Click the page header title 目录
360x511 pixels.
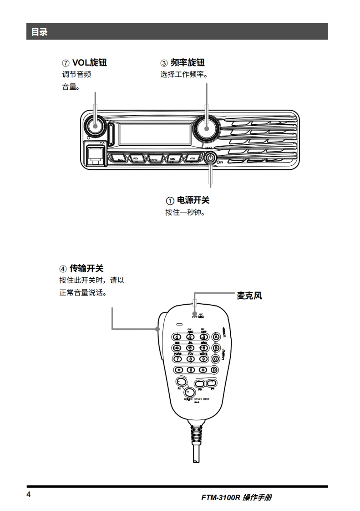(x=39, y=32)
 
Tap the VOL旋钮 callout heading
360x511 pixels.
(x=84, y=62)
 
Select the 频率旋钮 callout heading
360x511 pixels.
(x=183, y=62)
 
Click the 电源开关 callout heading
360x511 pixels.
(x=188, y=200)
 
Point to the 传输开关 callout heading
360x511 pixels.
(x=81, y=269)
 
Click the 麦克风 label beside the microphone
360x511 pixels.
(x=249, y=296)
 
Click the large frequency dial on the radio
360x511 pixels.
(x=206, y=127)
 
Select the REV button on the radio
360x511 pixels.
(x=136, y=159)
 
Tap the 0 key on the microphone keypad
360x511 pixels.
(x=191, y=370)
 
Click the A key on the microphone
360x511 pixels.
(x=216, y=337)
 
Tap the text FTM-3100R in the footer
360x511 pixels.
(x=220, y=498)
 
